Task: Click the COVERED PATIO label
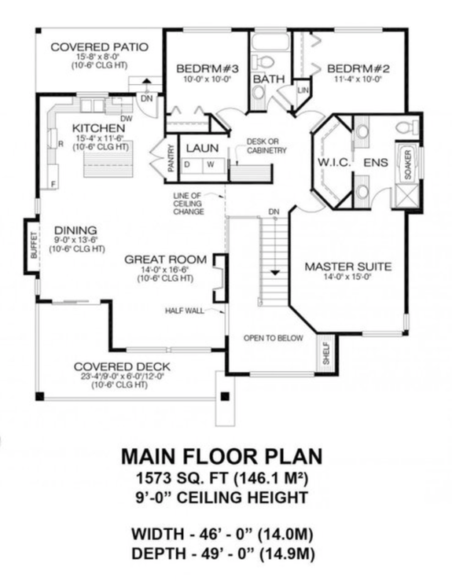pyautogui.click(x=99, y=47)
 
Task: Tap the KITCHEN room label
pyautogui.click(x=97, y=127)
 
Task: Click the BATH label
pyautogui.click(x=268, y=79)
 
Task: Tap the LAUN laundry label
pyautogui.click(x=202, y=147)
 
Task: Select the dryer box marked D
pyautogui.click(x=189, y=164)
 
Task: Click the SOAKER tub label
pyautogui.click(x=407, y=164)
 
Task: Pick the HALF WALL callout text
pyautogui.click(x=184, y=311)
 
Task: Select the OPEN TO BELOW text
pyautogui.click(x=273, y=338)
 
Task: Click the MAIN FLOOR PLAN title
pyautogui.click(x=222, y=457)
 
